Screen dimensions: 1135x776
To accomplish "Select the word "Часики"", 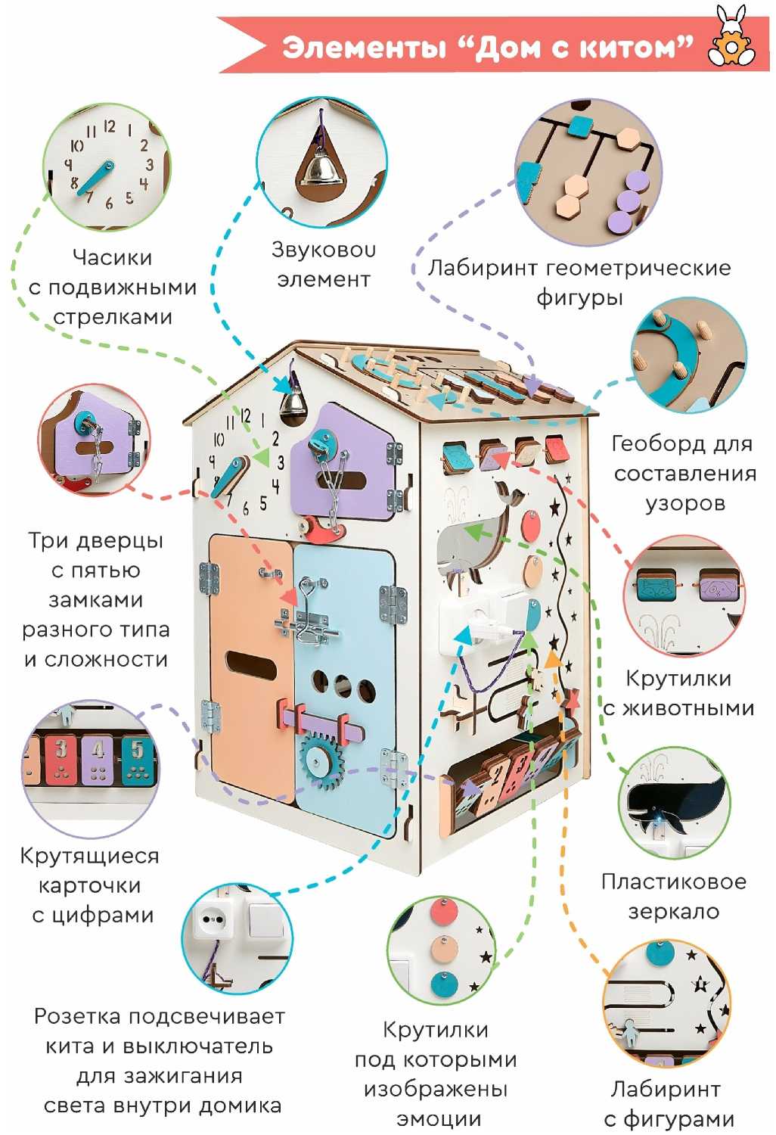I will click(112, 257).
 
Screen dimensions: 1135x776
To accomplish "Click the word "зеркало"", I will click(673, 912).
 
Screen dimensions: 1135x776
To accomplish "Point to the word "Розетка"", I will click(82, 1016).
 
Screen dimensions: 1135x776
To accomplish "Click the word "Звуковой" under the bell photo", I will click(323, 250).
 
